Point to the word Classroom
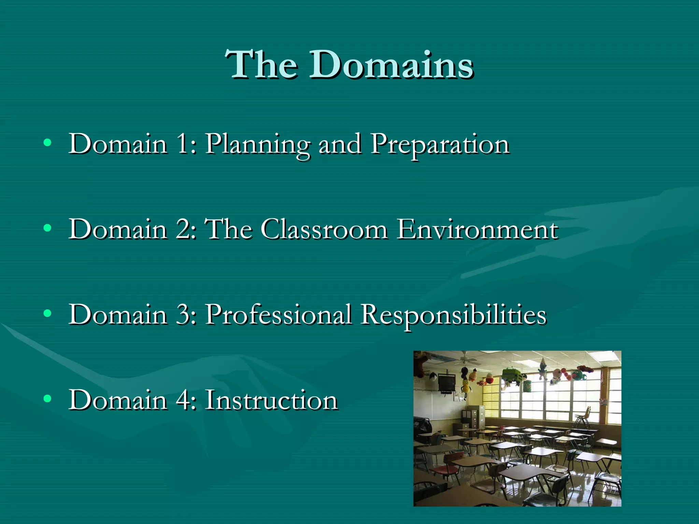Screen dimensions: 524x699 [324, 229]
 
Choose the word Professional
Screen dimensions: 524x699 [278, 315]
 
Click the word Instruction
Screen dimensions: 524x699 [271, 400]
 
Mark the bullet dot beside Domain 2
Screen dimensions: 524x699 [47, 228]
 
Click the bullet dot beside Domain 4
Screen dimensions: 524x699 [47, 398]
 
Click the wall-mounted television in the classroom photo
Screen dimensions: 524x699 [446, 383]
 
